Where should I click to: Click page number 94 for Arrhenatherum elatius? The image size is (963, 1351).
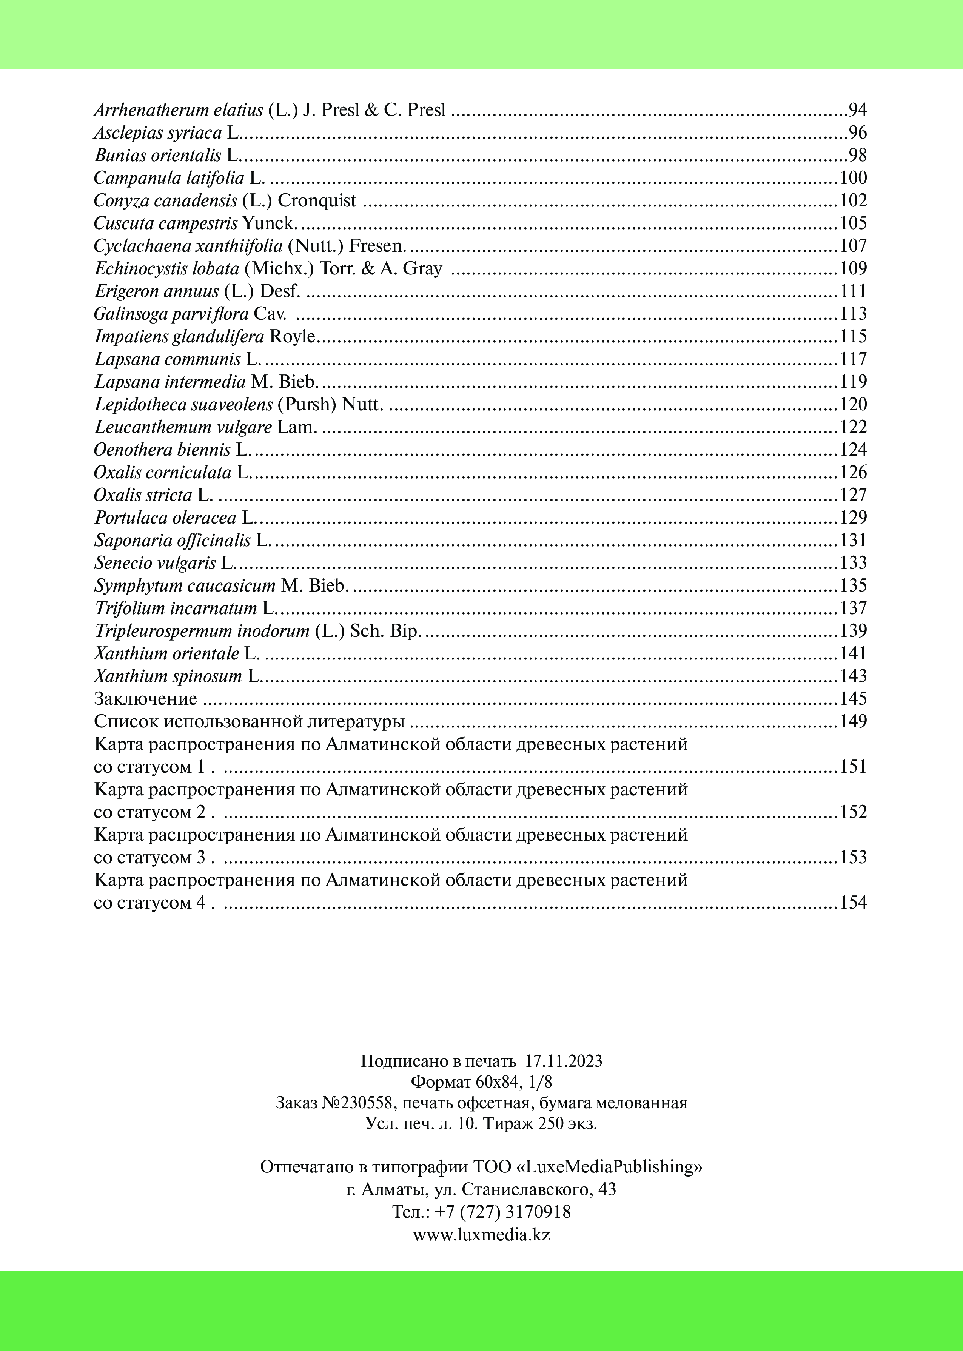pyautogui.click(x=857, y=110)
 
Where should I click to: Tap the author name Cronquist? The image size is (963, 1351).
pyautogui.click(x=317, y=200)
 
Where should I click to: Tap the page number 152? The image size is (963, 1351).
pyautogui.click(x=853, y=812)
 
